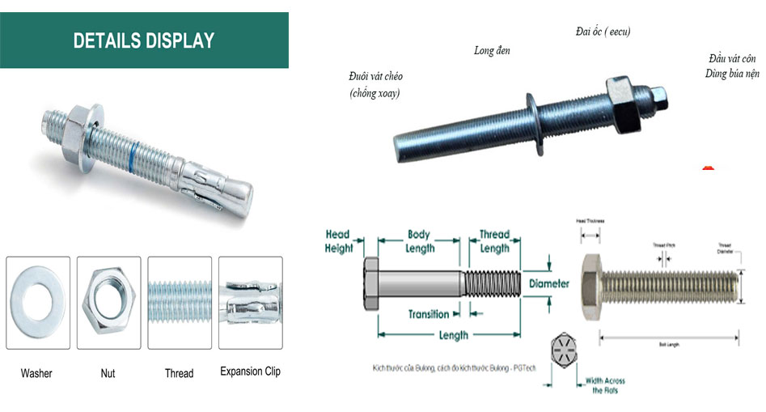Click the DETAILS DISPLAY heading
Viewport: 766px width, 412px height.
click(144, 40)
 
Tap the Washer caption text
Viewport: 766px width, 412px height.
click(36, 373)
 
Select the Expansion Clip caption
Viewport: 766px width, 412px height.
click(251, 372)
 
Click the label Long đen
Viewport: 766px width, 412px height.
click(492, 51)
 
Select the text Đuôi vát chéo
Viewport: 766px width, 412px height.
click(375, 76)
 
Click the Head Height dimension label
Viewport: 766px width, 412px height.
click(338, 241)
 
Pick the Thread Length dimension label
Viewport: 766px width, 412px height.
click(494, 241)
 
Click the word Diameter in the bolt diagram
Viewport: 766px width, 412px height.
click(549, 284)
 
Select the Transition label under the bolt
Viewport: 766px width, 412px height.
click(428, 314)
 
